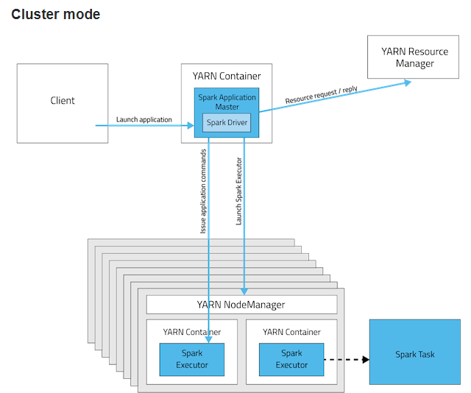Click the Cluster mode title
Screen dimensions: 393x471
coord(56,15)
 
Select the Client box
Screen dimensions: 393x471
coord(63,101)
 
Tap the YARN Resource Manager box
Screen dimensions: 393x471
coord(414,57)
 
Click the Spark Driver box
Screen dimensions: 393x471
coord(227,123)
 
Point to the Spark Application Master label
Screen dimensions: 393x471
coord(227,102)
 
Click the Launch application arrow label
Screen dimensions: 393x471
coord(144,119)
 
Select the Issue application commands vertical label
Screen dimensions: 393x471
coord(204,191)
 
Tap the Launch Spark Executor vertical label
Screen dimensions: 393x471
coord(239,191)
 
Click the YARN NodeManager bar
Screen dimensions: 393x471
coord(241,304)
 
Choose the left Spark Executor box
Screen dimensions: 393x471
coord(192,359)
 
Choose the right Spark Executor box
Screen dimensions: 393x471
coord(291,359)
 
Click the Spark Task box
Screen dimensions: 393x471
coord(415,354)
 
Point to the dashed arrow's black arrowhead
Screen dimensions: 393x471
coord(365,360)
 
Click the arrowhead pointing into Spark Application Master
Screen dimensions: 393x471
coord(191,126)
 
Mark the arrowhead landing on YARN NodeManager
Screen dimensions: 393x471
coord(244,291)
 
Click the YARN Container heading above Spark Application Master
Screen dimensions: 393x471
coord(226,76)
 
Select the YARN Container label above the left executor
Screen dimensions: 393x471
coord(192,332)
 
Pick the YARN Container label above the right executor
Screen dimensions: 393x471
coord(291,332)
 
